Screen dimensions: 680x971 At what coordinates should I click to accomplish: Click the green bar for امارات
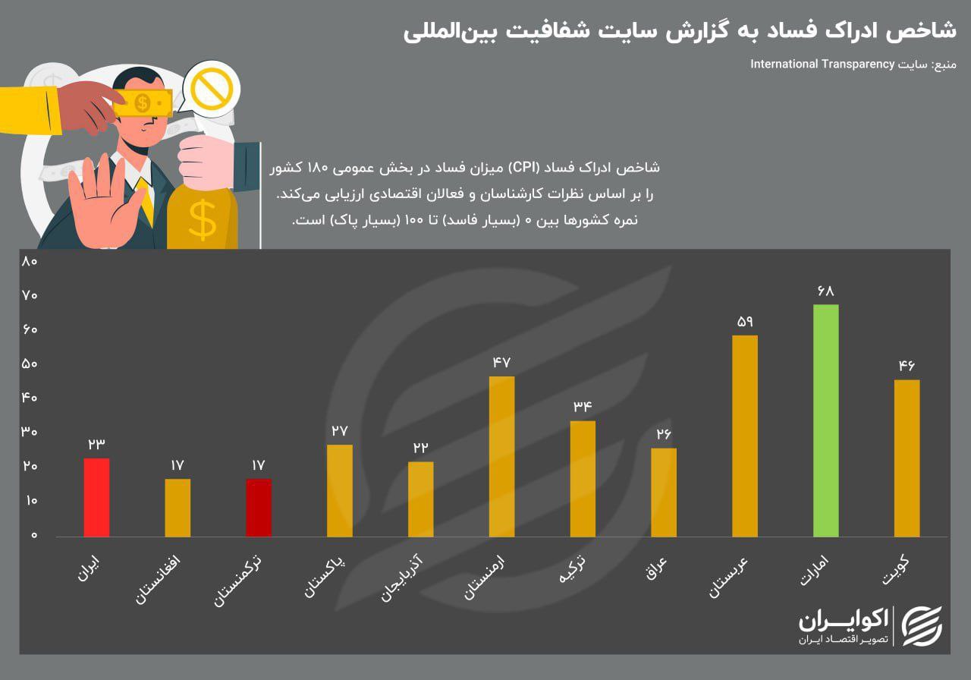[x=825, y=420]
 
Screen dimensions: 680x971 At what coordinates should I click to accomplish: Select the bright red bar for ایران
[x=96, y=497]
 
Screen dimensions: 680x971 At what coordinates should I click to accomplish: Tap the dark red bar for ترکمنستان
[x=258, y=507]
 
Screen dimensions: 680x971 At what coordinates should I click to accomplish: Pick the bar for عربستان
[x=744, y=436]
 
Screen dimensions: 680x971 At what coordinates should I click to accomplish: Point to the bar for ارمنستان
[x=501, y=456]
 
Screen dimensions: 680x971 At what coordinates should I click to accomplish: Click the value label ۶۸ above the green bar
[x=825, y=291]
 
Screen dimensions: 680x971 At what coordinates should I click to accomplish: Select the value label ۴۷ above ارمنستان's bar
[x=501, y=362]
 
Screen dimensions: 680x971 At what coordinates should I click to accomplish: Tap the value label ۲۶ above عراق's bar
[x=664, y=435]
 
